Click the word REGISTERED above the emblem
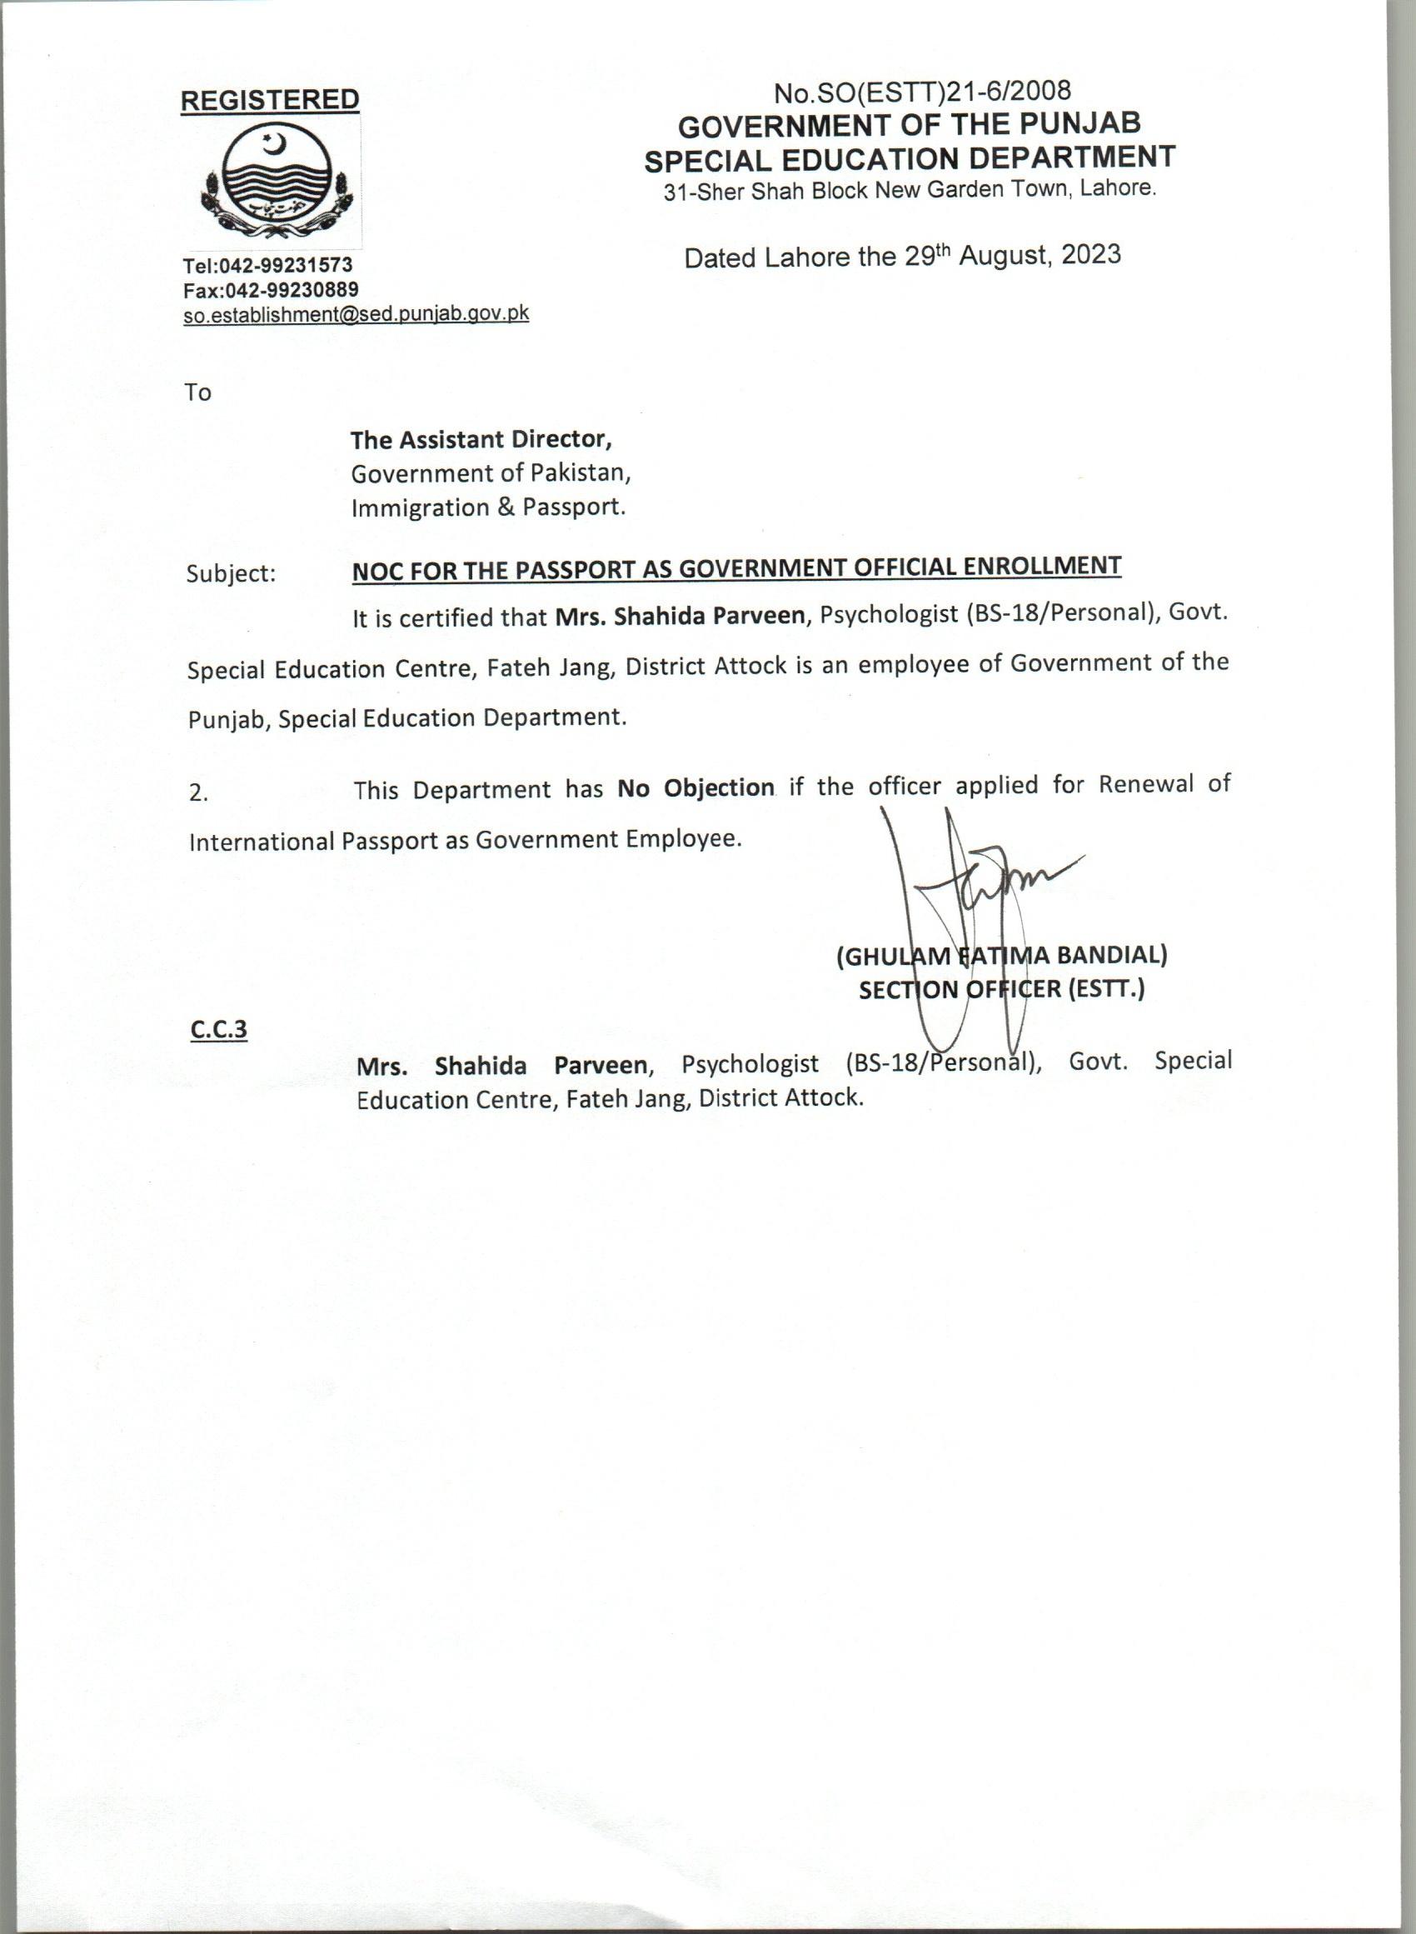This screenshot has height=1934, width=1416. pos(269,99)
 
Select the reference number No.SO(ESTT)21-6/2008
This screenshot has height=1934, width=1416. pos(922,90)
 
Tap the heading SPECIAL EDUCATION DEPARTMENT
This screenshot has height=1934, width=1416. pos(910,158)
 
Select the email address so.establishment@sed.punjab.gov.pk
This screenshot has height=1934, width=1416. pos(356,314)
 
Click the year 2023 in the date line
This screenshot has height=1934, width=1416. pos(1090,255)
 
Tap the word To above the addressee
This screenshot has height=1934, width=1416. pos(197,392)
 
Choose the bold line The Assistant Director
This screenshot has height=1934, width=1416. pos(481,440)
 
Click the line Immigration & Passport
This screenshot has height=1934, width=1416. pos(489,507)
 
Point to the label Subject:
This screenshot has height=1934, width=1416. pos(231,573)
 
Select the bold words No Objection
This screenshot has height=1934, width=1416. pos(696,787)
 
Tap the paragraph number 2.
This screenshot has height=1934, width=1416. pos(198,794)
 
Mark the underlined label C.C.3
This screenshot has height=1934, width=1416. pos(218,1029)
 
